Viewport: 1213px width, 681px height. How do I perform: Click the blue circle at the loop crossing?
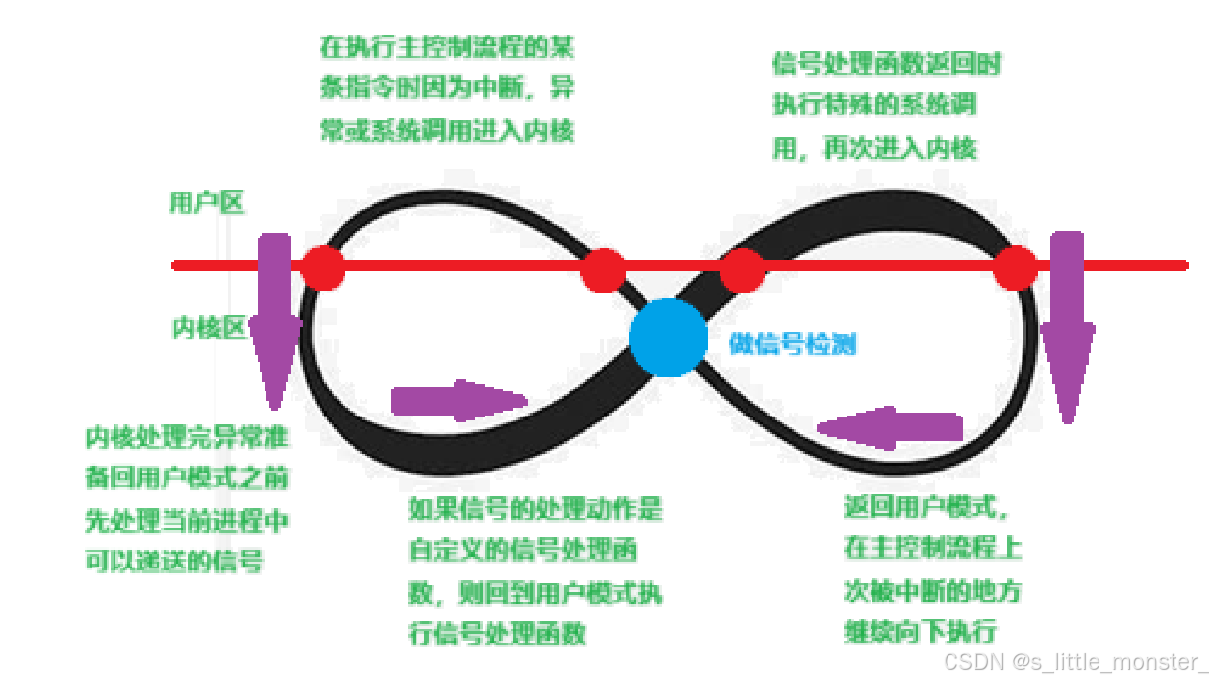point(668,337)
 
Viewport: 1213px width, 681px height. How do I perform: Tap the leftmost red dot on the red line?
point(323,266)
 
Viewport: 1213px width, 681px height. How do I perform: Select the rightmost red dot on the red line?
point(1015,267)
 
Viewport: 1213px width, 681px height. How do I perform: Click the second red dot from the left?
point(603,269)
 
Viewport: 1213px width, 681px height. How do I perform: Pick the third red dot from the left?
point(742,269)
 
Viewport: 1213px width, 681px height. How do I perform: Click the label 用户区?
point(206,203)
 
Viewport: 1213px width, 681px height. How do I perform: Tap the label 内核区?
point(207,328)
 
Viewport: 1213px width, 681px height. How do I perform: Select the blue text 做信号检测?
point(793,343)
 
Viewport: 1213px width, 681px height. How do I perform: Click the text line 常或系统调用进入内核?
point(446,131)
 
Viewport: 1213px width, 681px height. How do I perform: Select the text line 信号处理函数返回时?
point(886,64)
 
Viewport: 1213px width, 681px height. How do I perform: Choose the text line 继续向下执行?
point(920,632)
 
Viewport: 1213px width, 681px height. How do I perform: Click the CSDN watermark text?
point(1074,661)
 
